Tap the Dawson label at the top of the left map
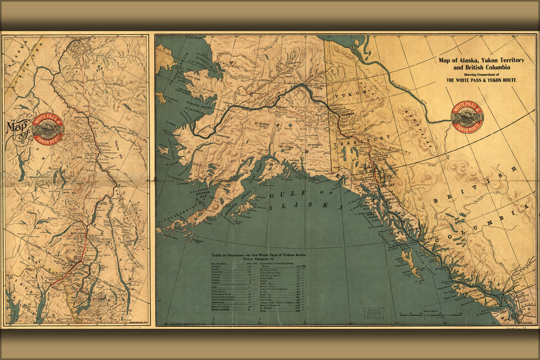coord(85,38)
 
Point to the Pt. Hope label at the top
coord(196,37)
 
